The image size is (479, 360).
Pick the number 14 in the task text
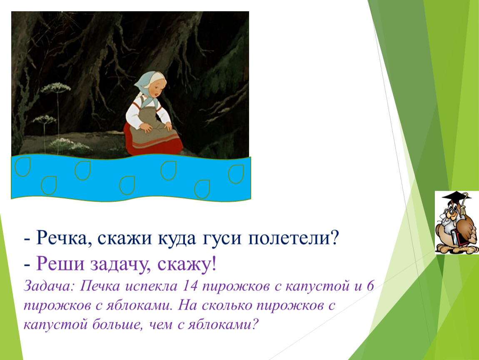click(190, 286)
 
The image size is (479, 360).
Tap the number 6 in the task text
click(370, 286)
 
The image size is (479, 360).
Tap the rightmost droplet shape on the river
click(236, 174)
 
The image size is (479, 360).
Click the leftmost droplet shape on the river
click(22, 167)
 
